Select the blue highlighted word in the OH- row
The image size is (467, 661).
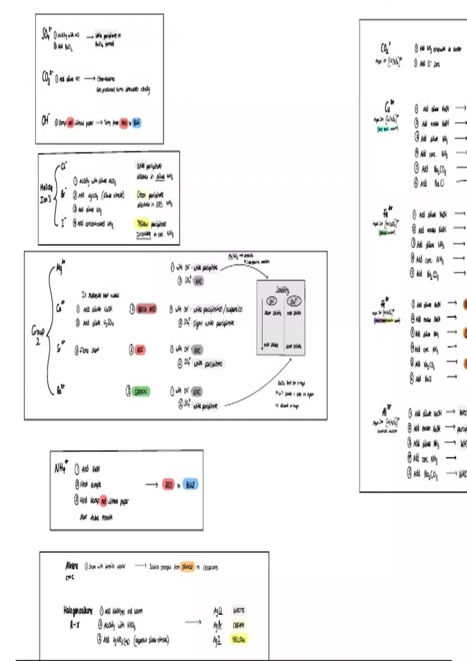136,123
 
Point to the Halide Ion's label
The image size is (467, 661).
46,194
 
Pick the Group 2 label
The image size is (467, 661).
38,336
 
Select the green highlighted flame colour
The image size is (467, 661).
140,392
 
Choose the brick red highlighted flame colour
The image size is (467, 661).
146,310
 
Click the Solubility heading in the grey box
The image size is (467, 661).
282,290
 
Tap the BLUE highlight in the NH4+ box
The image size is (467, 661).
190,485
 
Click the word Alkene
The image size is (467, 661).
72,566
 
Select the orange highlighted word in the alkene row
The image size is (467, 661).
188,567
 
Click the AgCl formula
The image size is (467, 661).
218,611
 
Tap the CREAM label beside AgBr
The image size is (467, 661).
238,625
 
